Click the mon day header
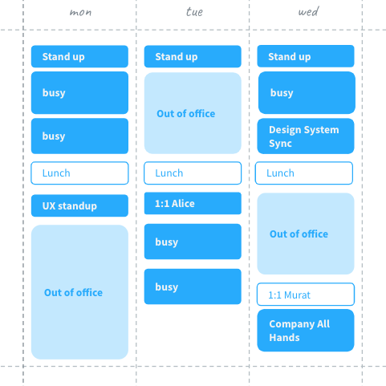pyautogui.click(x=80, y=12)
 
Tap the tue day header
pyautogui.click(x=194, y=12)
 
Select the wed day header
pyautogui.click(x=308, y=11)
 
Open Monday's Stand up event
pyautogui.click(x=79, y=56)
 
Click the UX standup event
pyautogui.click(x=79, y=205)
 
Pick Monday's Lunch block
pyautogui.click(x=79, y=173)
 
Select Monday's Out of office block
pyautogui.click(x=79, y=292)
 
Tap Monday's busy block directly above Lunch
pyautogui.click(x=79, y=136)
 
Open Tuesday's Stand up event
pyautogui.click(x=193, y=56)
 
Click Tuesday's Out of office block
pyautogui.click(x=193, y=113)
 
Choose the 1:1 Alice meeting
pyautogui.click(x=193, y=203)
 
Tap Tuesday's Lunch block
pyautogui.click(x=193, y=173)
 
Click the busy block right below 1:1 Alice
pyautogui.click(x=193, y=242)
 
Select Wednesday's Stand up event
pyautogui.click(x=306, y=56)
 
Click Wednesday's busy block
pyautogui.click(x=307, y=92)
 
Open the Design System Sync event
pyautogui.click(x=306, y=136)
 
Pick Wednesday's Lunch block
pyautogui.click(x=304, y=173)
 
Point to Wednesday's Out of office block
pyautogui.click(x=306, y=234)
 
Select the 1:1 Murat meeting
pyautogui.click(x=306, y=295)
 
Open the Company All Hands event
pyautogui.click(x=306, y=331)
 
